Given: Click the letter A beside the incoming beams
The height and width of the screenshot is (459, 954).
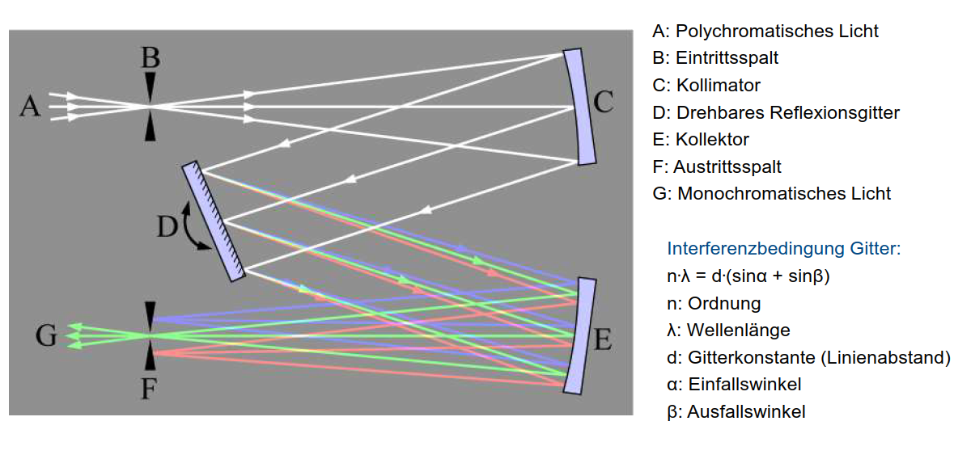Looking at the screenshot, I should click(29, 107).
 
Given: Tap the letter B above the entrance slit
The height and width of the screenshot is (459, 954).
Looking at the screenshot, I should click(151, 58).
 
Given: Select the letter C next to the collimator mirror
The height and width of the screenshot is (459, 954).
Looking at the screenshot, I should click(603, 103).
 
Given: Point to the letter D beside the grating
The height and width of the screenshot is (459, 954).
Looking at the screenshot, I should click(167, 228).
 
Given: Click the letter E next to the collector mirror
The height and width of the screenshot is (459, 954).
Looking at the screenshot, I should click(602, 340).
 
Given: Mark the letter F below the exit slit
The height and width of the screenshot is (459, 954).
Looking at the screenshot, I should click(149, 390).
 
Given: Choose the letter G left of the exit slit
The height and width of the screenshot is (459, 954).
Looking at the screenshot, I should click(46, 335).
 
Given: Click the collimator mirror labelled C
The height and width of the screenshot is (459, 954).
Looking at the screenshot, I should click(580, 106).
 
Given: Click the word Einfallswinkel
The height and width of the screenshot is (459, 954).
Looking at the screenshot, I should click(744, 385).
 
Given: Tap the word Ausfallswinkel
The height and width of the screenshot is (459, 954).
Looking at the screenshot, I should click(746, 412).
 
